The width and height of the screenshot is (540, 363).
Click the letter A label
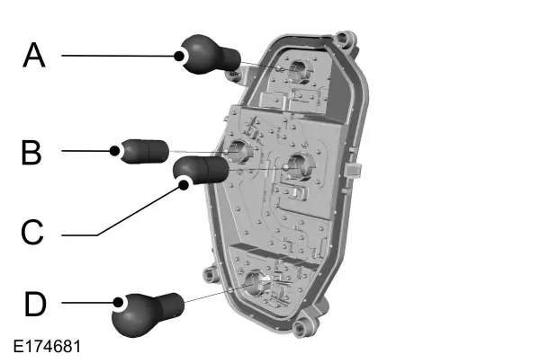(34, 55)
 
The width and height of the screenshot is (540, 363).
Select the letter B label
(31, 152)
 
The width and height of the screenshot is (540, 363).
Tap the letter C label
(32, 232)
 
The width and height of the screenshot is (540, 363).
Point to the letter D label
(35, 304)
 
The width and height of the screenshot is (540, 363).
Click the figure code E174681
(47, 347)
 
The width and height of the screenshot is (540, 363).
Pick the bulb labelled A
(210, 55)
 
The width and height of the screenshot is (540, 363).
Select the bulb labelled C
(201, 170)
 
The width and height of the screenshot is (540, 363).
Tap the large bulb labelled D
(148, 314)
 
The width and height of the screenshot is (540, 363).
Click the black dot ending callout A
(179, 56)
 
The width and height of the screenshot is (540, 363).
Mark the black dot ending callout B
(115, 151)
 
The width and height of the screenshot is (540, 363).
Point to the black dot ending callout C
(184, 185)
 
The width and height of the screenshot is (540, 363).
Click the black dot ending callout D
(119, 303)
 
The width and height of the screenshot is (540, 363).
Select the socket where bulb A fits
(300, 71)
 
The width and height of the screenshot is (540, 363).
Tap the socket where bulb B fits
(240, 150)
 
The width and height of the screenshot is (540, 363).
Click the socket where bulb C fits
(299, 166)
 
